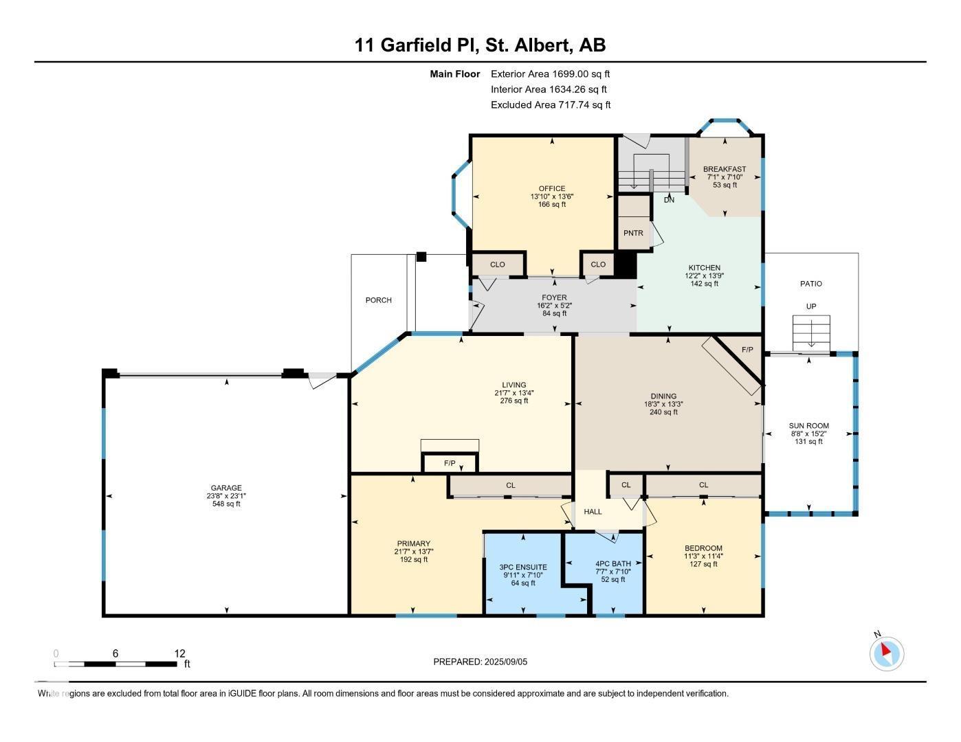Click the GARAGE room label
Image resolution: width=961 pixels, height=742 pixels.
coord(226,488)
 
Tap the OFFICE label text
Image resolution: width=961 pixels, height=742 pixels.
coord(551,188)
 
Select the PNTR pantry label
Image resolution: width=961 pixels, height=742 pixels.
coord(633,233)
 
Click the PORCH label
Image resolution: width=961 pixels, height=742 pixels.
coord(379,300)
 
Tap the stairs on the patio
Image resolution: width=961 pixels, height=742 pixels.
coord(811,333)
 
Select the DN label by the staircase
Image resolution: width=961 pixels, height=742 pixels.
coord(669,200)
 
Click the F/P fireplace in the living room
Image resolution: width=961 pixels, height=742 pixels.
coord(450,463)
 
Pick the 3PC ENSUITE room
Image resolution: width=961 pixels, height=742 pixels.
coord(523,574)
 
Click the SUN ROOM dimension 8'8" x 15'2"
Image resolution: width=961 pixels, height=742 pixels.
coord(809,434)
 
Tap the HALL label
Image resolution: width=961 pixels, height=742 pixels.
coord(593,511)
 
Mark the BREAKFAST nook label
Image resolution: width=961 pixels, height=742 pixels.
coord(725,169)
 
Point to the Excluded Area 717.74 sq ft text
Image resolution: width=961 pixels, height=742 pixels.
coord(551,104)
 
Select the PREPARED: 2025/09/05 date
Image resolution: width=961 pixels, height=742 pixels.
coord(480,662)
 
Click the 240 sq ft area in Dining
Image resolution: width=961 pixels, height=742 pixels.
coord(663,412)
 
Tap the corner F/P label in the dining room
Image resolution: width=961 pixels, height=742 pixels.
coord(747,349)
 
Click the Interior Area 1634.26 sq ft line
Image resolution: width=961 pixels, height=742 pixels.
coord(549,89)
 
